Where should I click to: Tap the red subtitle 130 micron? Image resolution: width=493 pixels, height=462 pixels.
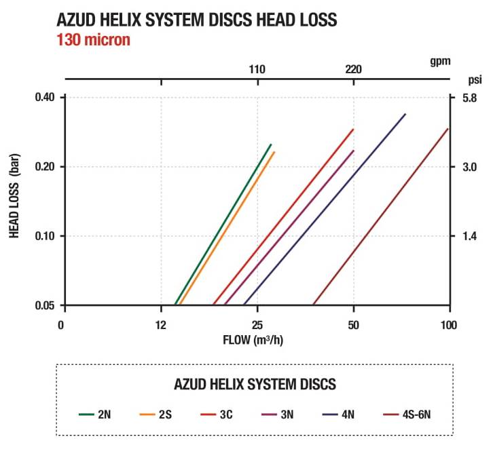pyautogui.click(x=93, y=39)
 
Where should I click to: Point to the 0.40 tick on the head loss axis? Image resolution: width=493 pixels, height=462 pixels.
pyautogui.click(x=44, y=98)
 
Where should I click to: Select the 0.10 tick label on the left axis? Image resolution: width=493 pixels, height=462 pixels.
pyautogui.click(x=44, y=236)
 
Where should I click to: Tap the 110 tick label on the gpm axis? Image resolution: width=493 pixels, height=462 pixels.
pyautogui.click(x=257, y=69)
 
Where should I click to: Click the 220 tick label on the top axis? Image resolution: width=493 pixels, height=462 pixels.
pyautogui.click(x=354, y=69)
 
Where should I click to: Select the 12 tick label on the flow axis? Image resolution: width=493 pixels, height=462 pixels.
pyautogui.click(x=161, y=324)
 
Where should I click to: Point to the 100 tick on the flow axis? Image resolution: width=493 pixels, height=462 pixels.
pyautogui.click(x=450, y=324)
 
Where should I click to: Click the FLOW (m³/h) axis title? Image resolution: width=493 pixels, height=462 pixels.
pyautogui.click(x=253, y=339)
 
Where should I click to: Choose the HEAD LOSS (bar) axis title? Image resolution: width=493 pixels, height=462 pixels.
pyautogui.click(x=14, y=201)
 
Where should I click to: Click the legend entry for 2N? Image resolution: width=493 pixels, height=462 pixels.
pyautogui.click(x=94, y=414)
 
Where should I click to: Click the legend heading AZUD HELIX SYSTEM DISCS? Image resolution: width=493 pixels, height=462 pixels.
pyautogui.click(x=255, y=385)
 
